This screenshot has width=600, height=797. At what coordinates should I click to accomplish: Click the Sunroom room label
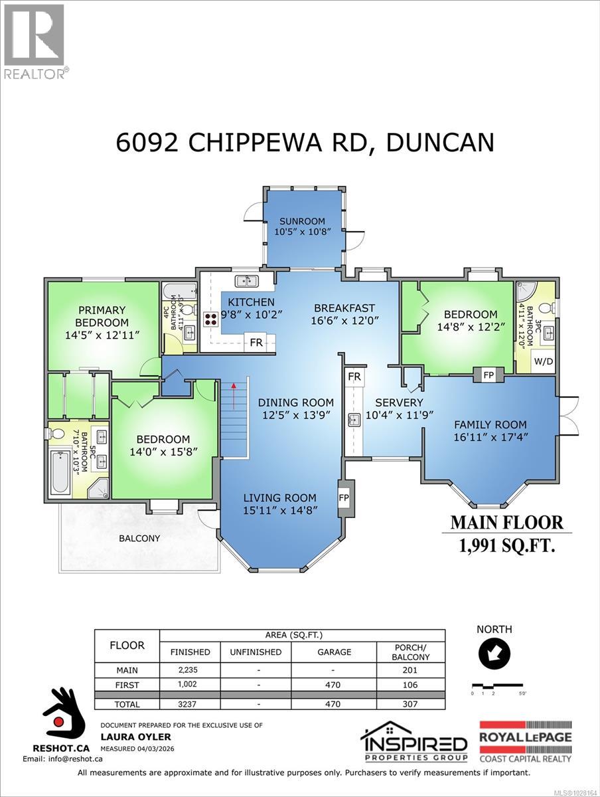point(302,222)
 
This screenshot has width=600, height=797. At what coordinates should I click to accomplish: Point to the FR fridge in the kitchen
point(256,343)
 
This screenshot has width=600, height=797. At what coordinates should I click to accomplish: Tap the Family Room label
point(490,424)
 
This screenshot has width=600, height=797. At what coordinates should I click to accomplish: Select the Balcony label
point(140,538)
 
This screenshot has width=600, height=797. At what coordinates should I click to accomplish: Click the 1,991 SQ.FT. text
point(506,545)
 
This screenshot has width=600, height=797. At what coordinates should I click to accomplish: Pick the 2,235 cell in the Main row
point(190,670)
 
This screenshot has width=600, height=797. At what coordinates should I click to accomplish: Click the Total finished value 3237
point(190,704)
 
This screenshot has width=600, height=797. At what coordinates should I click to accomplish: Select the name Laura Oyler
point(126,737)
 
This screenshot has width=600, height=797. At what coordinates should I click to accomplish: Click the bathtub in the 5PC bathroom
point(60,472)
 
